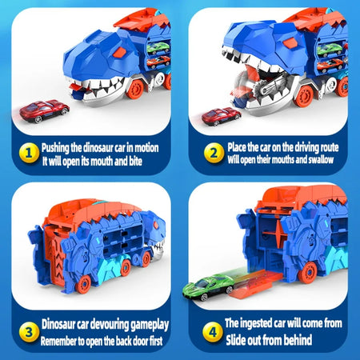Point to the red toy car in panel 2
221,116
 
